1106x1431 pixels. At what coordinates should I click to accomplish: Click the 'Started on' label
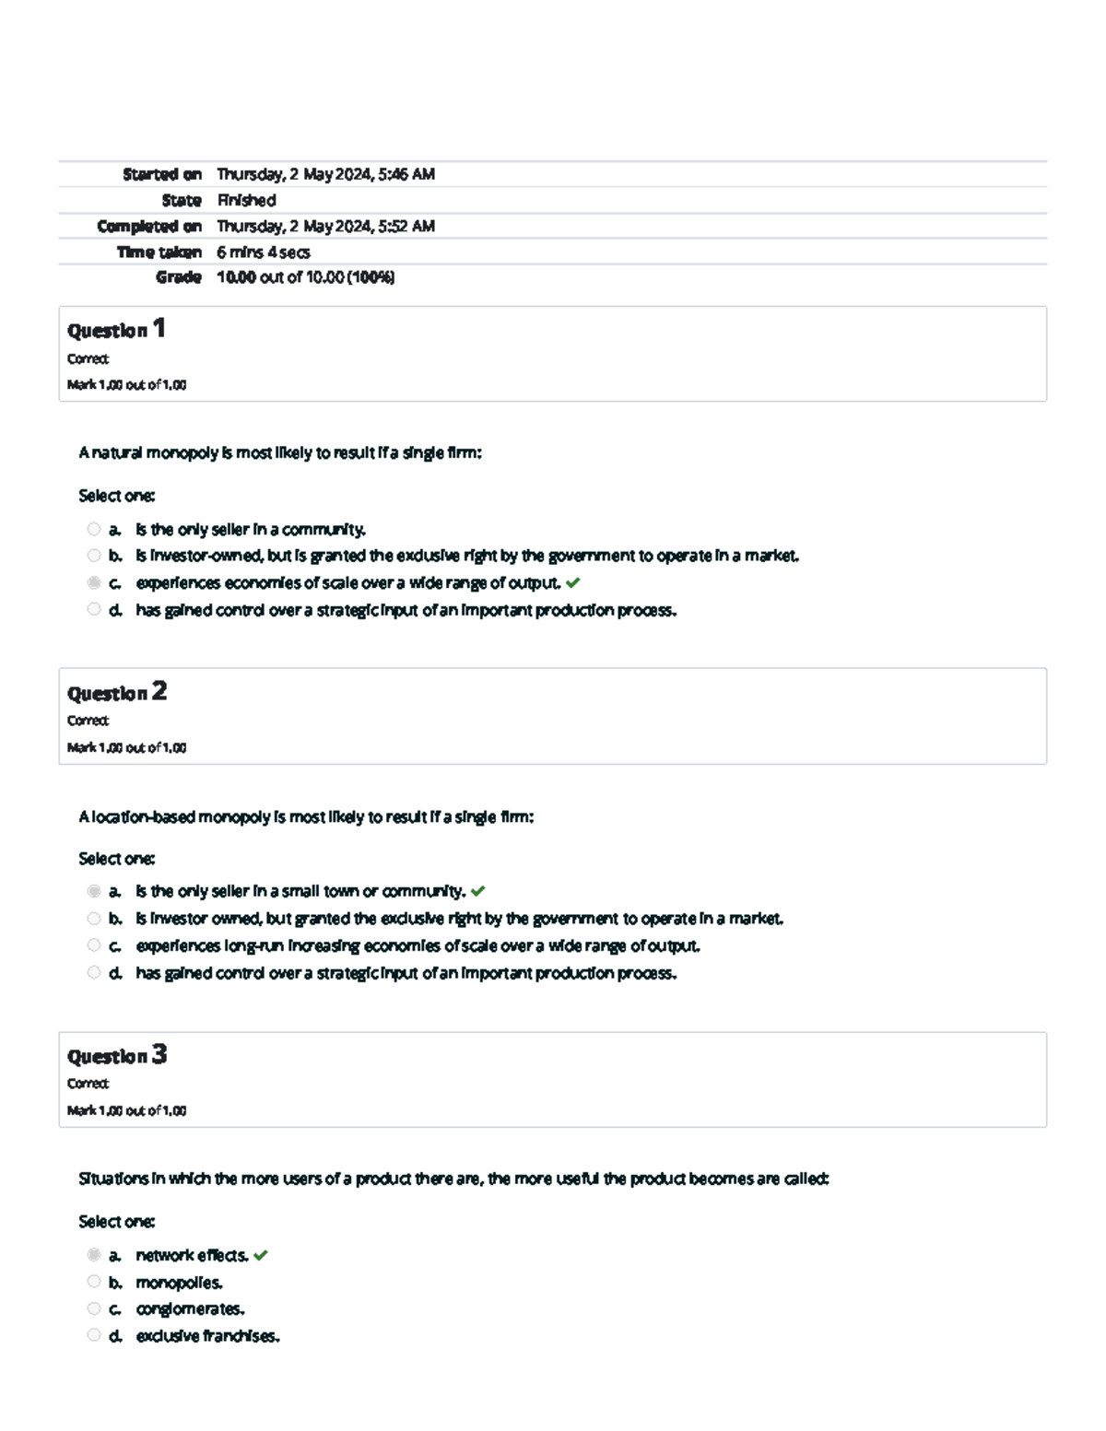[162, 174]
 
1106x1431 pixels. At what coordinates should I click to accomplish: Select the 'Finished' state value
[246, 200]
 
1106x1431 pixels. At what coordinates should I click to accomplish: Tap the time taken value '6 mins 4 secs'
[263, 252]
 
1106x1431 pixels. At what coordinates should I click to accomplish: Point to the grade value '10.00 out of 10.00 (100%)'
[305, 277]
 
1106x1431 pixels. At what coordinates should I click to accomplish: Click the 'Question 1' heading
[116, 329]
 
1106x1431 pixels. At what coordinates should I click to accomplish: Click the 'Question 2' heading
[116, 692]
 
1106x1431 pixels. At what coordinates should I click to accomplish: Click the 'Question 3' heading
[116, 1055]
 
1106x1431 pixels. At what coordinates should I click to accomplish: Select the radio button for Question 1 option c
[94, 582]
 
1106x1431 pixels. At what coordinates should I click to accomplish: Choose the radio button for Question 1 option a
[94, 529]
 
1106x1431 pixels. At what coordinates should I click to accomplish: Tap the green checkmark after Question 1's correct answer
[573, 582]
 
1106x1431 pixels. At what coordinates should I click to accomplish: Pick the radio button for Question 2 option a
[94, 891]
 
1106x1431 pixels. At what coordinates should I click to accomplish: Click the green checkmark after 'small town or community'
[477, 891]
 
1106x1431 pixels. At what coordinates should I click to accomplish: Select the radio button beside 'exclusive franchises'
[94, 1335]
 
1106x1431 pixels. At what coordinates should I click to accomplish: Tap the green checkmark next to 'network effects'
[261, 1255]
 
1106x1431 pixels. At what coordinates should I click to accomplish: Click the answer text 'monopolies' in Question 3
[179, 1283]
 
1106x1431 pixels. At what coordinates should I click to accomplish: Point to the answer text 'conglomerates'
[190, 1308]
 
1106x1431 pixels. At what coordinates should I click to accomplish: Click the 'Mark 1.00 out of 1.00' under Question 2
[126, 747]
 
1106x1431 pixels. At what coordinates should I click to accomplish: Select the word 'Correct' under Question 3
[88, 1084]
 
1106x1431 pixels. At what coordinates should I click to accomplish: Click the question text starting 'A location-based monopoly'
[306, 816]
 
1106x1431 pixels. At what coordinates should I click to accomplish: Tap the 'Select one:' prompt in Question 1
[116, 496]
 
